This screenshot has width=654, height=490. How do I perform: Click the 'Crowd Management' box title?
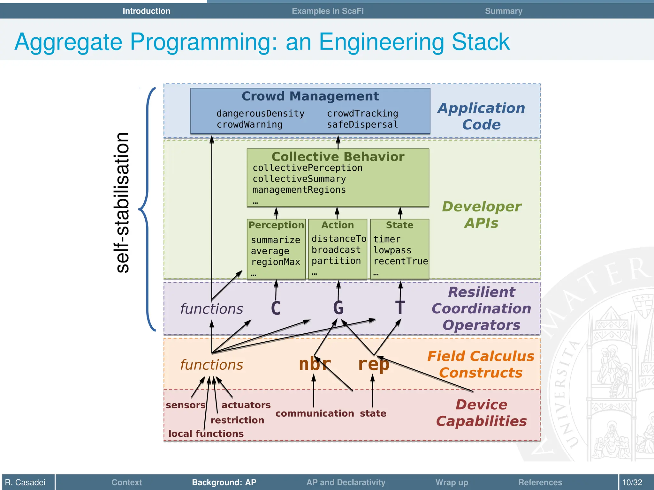pyautogui.click(x=310, y=96)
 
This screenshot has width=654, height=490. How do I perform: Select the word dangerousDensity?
pyautogui.click(x=260, y=113)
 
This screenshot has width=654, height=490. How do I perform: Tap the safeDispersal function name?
pyautogui.click(x=362, y=124)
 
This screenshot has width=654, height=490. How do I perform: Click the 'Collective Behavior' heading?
pyautogui.click(x=338, y=157)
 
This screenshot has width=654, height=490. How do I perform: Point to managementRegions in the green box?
pyautogui.click(x=299, y=190)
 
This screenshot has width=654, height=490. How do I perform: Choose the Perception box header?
pyautogui.click(x=276, y=225)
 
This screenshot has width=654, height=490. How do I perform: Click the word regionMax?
pyautogui.click(x=276, y=262)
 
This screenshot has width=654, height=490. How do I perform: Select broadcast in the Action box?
pyautogui.click(x=336, y=250)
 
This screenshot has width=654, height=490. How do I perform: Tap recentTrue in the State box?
pyautogui.click(x=400, y=261)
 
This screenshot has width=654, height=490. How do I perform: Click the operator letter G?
pyautogui.click(x=338, y=308)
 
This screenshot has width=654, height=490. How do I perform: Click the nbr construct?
pyautogui.click(x=315, y=364)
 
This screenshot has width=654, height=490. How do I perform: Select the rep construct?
pyautogui.click(x=373, y=364)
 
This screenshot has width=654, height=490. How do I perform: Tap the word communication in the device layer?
pyautogui.click(x=315, y=413)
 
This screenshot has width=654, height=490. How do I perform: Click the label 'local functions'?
pyautogui.click(x=206, y=434)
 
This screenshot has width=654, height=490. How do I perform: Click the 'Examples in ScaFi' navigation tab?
pyautogui.click(x=328, y=11)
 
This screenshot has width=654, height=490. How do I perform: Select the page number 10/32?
pyautogui.click(x=632, y=482)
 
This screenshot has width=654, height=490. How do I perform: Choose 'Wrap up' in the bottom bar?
pyautogui.click(x=452, y=482)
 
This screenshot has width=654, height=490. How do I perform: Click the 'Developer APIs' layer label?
pyautogui.click(x=481, y=215)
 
